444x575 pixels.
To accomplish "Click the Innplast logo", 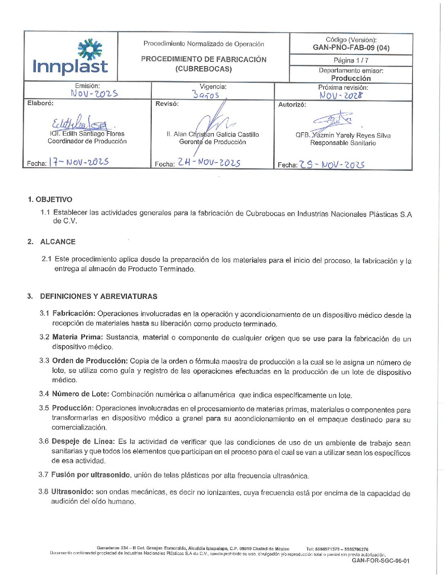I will [x=70, y=57].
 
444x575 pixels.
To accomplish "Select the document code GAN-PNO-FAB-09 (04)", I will [x=351, y=48].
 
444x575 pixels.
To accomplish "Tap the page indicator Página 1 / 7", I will [x=351, y=60].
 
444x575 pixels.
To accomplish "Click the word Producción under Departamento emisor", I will [x=351, y=78].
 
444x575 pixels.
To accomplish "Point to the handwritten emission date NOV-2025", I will [x=94, y=94].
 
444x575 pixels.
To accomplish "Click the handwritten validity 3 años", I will [x=206, y=95].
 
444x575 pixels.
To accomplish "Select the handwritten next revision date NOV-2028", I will [x=341, y=96].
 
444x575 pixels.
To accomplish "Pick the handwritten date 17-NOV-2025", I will [x=79, y=162].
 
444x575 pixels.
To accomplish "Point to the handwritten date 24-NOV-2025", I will [x=209, y=163].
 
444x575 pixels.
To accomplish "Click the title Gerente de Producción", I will [x=213, y=142].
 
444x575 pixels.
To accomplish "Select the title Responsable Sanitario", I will [x=343, y=143].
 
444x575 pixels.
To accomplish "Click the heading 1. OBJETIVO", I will [x=50, y=200].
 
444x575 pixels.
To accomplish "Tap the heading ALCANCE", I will [x=58, y=242].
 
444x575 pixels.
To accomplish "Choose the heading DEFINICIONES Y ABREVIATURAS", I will [x=99, y=296].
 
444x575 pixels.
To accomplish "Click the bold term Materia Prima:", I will [x=78, y=337].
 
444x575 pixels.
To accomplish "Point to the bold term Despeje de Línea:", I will [x=83, y=441].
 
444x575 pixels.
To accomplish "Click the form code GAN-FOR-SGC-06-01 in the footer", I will [x=380, y=561].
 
